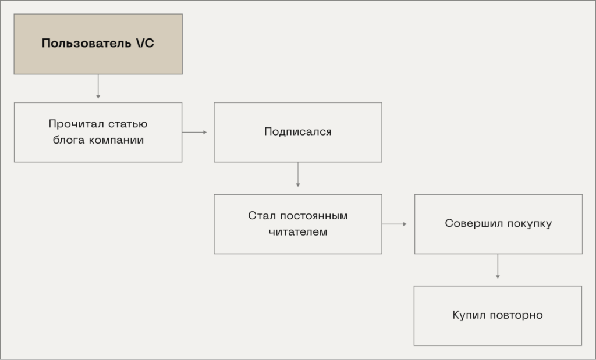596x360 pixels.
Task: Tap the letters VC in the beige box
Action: (x=144, y=44)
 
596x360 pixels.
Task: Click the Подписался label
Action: (x=297, y=132)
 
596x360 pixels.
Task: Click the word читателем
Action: (x=298, y=232)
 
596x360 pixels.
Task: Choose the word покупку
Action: (x=528, y=224)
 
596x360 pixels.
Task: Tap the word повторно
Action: (x=516, y=315)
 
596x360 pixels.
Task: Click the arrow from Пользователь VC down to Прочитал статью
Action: (x=98, y=87)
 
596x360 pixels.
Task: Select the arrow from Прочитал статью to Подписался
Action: (x=194, y=132)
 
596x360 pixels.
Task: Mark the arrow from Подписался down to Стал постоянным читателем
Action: (x=298, y=174)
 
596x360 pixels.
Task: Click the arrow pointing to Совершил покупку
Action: (x=395, y=224)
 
